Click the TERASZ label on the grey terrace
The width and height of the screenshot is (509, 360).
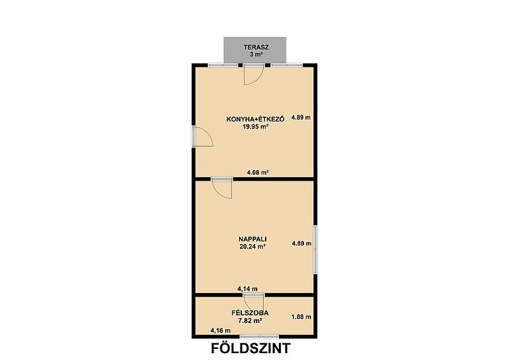pyautogui.click(x=256, y=47)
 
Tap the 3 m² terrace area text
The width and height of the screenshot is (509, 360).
pyautogui.click(x=256, y=54)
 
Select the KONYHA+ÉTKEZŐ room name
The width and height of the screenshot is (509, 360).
pyautogui.click(x=255, y=119)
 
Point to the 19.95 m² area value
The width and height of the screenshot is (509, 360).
pyautogui.click(x=255, y=127)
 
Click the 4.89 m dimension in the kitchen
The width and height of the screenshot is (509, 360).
pyautogui.click(x=301, y=117)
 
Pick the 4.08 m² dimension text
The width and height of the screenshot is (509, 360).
pyautogui.click(x=258, y=172)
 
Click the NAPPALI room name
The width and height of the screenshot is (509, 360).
pyautogui.click(x=252, y=239)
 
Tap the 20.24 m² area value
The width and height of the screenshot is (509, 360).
pyautogui.click(x=252, y=246)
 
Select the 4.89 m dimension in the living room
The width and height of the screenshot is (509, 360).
pyautogui.click(x=302, y=243)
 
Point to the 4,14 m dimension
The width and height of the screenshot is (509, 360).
pyautogui.click(x=248, y=289)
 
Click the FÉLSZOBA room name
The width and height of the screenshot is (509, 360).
pyautogui.click(x=250, y=313)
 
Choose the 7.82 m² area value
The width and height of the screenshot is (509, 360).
pyautogui.click(x=250, y=321)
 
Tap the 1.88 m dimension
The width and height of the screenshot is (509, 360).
pyautogui.click(x=301, y=317)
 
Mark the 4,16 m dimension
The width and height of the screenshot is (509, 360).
pyautogui.click(x=221, y=331)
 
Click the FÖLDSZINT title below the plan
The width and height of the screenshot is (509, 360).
pyautogui.click(x=250, y=348)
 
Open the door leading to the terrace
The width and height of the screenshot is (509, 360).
pyautogui.click(x=254, y=75)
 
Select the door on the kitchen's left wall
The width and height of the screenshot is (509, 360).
pyautogui.click(x=202, y=137)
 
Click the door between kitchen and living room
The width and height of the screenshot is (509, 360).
pyautogui.click(x=222, y=188)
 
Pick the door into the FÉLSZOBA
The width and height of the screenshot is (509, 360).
pyautogui.click(x=254, y=303)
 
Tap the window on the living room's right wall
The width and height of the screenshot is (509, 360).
pyautogui.click(x=316, y=250)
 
